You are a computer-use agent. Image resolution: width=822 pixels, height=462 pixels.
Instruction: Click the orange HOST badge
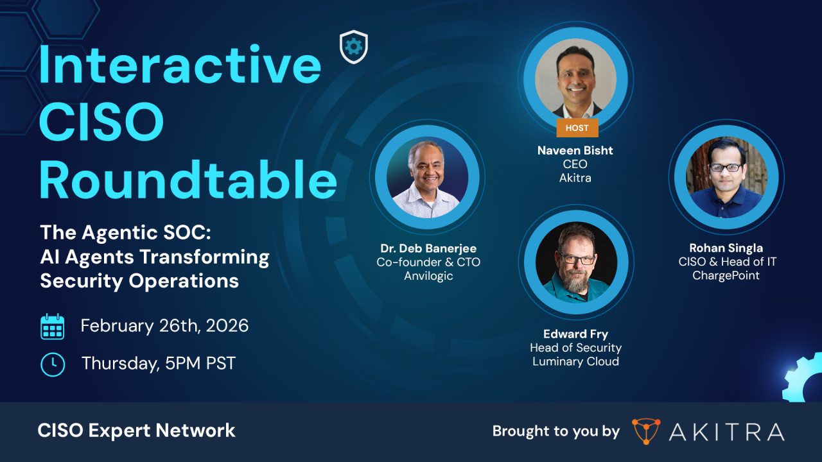pyautogui.click(x=577, y=128)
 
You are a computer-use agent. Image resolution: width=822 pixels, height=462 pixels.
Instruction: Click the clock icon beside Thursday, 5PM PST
pyautogui.click(x=53, y=364)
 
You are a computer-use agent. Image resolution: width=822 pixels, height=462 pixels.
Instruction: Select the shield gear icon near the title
pyautogui.click(x=353, y=47)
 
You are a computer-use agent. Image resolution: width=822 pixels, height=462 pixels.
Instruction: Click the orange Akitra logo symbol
pyautogui.click(x=645, y=431)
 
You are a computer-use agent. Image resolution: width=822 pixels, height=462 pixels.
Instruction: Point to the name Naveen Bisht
pyautogui.click(x=575, y=150)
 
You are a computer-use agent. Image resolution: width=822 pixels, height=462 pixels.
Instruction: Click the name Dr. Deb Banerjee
pyautogui.click(x=428, y=248)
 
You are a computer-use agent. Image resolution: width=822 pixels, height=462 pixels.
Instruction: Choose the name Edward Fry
pyautogui.click(x=575, y=334)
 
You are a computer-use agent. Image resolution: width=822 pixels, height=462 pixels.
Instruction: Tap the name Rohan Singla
pyautogui.click(x=726, y=248)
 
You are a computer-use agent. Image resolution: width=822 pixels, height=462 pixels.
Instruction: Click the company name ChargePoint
pyautogui.click(x=726, y=275)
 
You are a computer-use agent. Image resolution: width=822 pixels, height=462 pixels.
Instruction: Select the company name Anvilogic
pyautogui.click(x=428, y=276)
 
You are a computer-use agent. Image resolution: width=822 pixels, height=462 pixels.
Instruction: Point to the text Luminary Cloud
pyautogui.click(x=575, y=361)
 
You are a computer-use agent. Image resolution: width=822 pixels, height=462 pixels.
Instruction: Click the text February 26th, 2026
pyautogui.click(x=164, y=326)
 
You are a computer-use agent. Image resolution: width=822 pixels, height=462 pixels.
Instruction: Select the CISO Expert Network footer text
pyautogui.click(x=136, y=431)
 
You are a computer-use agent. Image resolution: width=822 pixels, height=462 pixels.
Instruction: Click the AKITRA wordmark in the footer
pyautogui.click(x=726, y=432)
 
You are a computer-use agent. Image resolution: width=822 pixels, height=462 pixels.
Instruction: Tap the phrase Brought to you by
pyautogui.click(x=555, y=431)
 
